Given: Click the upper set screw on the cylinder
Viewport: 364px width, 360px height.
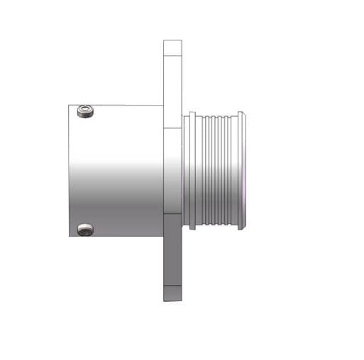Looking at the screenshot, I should click(85, 111).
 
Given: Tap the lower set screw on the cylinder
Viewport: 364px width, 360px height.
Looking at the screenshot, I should click(85, 229).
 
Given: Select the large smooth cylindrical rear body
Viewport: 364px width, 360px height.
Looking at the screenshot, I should click(117, 170).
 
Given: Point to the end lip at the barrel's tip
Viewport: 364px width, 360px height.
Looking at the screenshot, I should click(241, 170).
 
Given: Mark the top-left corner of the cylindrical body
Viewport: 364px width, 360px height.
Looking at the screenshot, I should click(70, 106).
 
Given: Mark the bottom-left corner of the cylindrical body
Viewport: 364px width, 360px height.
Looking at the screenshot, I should click(70, 236).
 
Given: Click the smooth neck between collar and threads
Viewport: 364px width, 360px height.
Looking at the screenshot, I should click(199, 170).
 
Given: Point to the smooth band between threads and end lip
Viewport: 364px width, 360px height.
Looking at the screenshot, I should click(233, 170).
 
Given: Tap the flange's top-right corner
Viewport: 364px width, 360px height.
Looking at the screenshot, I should click(182, 40).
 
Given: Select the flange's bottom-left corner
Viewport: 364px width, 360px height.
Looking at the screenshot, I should click(164, 299).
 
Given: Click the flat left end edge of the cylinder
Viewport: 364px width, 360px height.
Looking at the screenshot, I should click(70, 170).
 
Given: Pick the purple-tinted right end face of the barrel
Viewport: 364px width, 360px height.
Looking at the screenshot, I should click(246, 170).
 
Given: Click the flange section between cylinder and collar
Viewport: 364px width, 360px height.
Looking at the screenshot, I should click(173, 170).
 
